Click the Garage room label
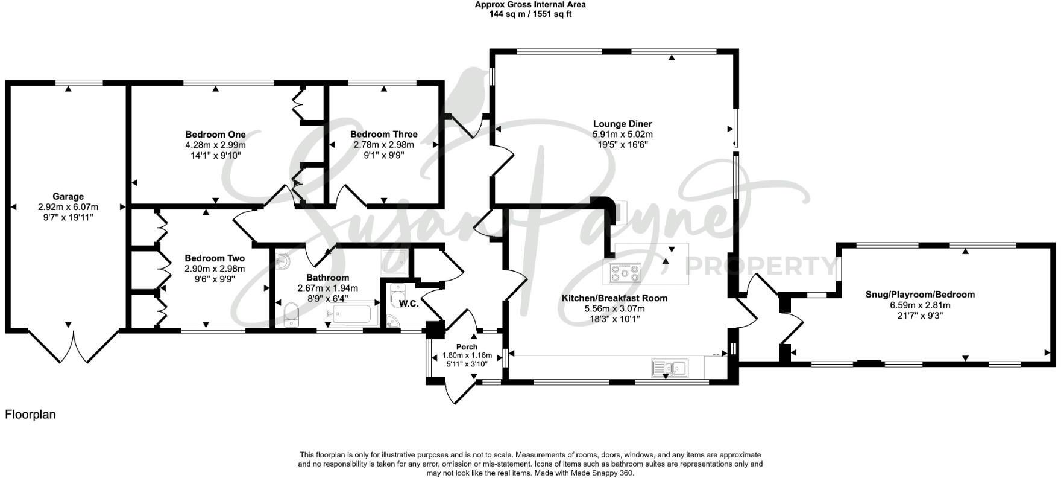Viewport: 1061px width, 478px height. coord(68,196)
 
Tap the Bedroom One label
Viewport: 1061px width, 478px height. coord(215,135)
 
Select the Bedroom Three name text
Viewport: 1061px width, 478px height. coord(383,135)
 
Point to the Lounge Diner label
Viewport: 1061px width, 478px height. coord(623,124)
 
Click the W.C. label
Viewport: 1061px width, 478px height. coord(408,304)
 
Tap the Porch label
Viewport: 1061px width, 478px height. coord(467,347)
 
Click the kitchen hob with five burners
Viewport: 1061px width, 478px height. coord(626,272)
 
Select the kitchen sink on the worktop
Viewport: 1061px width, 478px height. coord(670,367)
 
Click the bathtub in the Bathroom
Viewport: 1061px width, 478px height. coord(351,314)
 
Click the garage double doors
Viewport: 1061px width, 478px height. coord(74,346)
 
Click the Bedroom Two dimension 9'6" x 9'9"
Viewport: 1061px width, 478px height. coord(215,279)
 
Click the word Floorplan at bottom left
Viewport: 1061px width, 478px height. coord(30,415)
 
